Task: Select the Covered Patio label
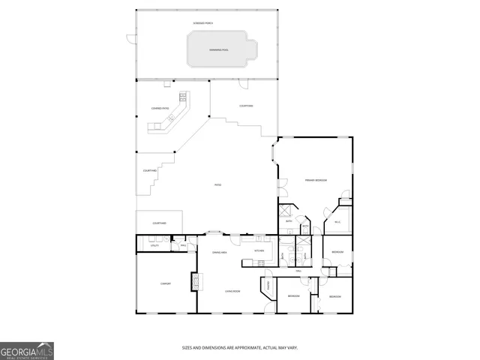pyautogui.click(x=160, y=109)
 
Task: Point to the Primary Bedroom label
pyautogui.click(x=315, y=181)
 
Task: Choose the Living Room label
pyautogui.click(x=232, y=290)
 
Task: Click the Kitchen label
pyautogui.click(x=259, y=250)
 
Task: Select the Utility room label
pyautogui.click(x=154, y=245)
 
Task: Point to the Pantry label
pyautogui.click(x=268, y=286)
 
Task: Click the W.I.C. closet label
pyautogui.click(x=337, y=222)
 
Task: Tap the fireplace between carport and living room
pyautogui.click(x=196, y=281)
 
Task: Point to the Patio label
pyautogui.click(x=218, y=184)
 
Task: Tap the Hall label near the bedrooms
pyautogui.click(x=298, y=270)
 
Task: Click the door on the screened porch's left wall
pyautogui.click(x=129, y=40)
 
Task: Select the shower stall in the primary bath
pyautogui.click(x=286, y=211)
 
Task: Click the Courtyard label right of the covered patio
pyautogui.click(x=246, y=106)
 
